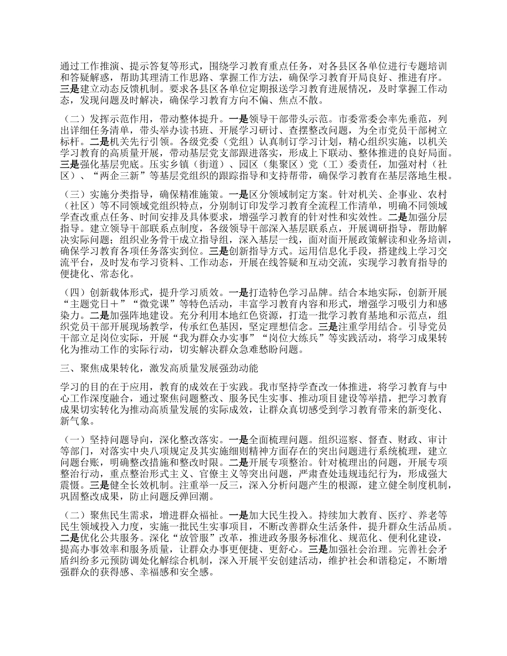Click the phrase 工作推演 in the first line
(x=94, y=67)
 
